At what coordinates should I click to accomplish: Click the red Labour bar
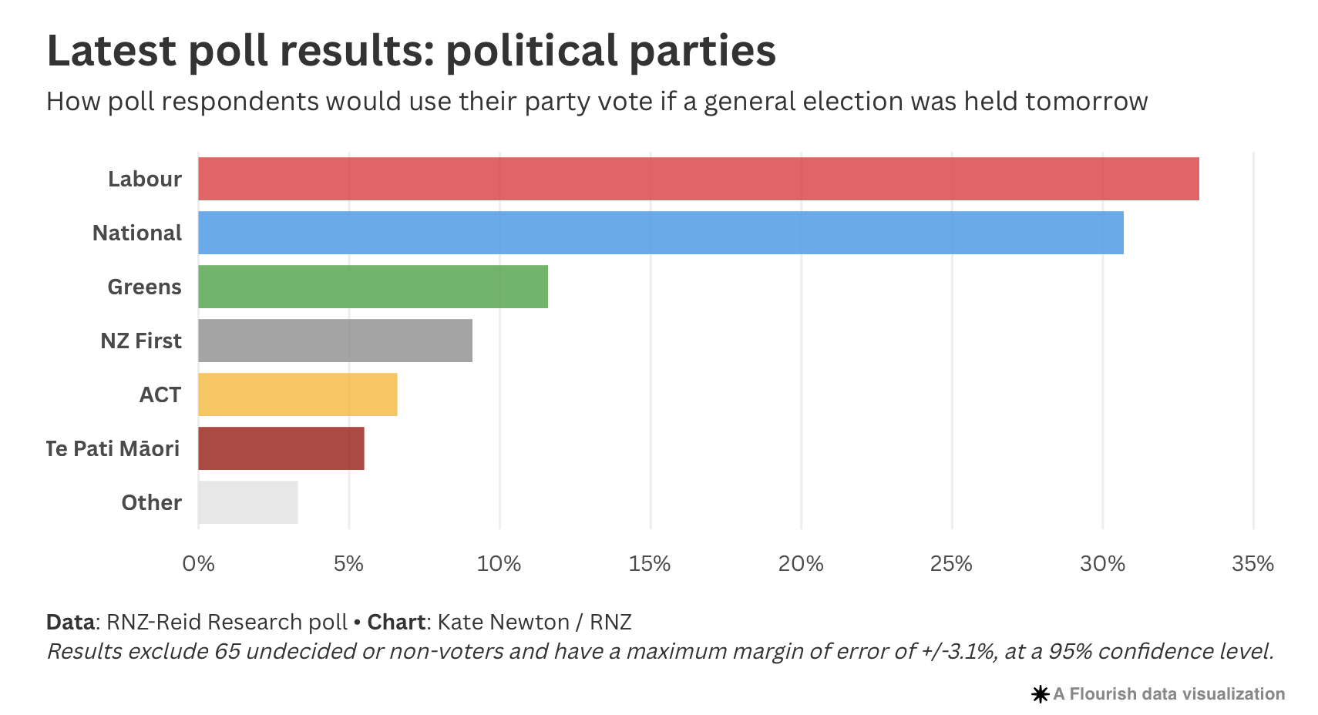tap(698, 179)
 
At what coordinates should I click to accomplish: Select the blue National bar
tap(661, 233)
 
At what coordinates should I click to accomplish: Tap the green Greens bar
tap(372, 287)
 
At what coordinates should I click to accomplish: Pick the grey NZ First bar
tap(335, 341)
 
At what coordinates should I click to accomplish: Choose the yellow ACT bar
tap(298, 394)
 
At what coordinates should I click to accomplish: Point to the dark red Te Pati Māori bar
tap(281, 448)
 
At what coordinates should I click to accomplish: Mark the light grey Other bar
tap(247, 502)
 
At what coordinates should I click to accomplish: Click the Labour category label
tap(144, 179)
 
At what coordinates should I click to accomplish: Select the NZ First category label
tap(140, 341)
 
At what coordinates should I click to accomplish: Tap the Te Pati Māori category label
tap(113, 448)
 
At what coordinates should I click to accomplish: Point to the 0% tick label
tap(198, 564)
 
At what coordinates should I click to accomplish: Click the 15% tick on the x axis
tap(650, 564)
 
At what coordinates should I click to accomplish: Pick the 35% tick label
tap(1252, 564)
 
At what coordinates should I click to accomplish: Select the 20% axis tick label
tap(801, 564)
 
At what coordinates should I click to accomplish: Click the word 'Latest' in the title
tap(112, 51)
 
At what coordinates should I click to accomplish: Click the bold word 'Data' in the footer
tap(70, 622)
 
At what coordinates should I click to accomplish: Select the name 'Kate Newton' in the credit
tap(503, 622)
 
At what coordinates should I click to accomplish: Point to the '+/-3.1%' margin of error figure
tap(960, 652)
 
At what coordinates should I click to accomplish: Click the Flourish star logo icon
tap(1040, 694)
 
